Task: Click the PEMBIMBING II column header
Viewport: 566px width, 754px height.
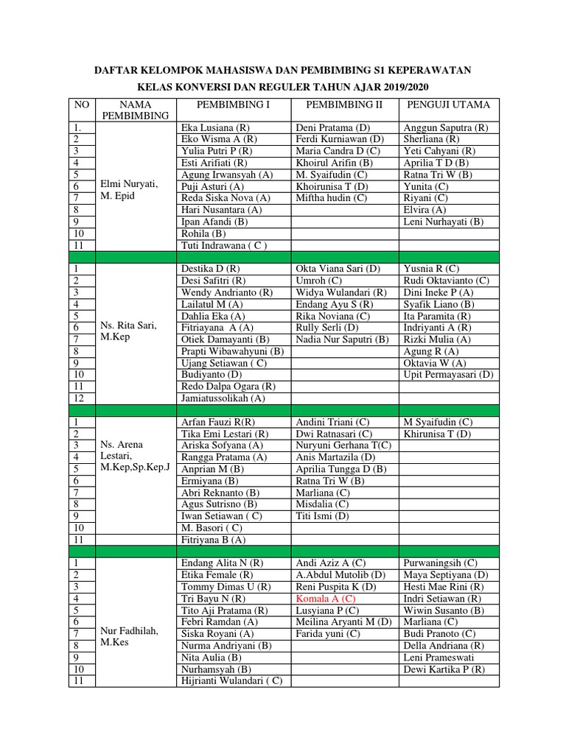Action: [x=343, y=105]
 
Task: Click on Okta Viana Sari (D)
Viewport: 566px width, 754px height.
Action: [x=338, y=269]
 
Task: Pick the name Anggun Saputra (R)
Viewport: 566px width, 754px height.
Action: [x=446, y=127]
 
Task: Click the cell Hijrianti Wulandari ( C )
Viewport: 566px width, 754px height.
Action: [x=231, y=681]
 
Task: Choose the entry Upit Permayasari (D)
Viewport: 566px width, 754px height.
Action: [x=448, y=375]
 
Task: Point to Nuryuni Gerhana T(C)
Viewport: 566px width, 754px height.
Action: [x=343, y=445]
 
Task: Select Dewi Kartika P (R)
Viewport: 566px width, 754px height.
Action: [x=444, y=669]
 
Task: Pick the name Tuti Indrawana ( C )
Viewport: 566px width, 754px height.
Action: [x=224, y=245]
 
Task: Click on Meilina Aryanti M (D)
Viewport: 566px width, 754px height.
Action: [x=343, y=622]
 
